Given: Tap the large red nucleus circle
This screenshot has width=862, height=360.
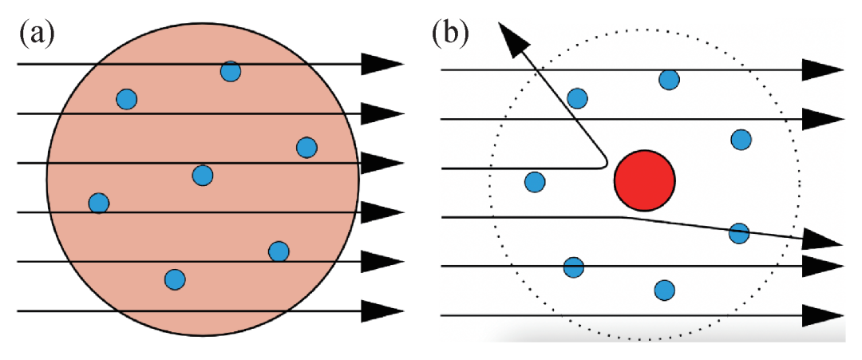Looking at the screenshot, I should tap(645, 180).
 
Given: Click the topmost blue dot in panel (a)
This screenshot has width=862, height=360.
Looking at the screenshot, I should tap(231, 71).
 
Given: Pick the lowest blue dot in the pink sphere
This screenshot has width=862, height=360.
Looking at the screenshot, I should tap(175, 279).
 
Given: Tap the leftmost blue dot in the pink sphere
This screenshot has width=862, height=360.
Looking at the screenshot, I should tap(98, 203).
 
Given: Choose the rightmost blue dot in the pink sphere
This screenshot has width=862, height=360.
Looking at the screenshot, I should tap(306, 148).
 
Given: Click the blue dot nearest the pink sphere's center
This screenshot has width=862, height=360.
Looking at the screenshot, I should tap(203, 175).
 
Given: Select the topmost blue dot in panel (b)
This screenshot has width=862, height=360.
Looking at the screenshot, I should tap(669, 79).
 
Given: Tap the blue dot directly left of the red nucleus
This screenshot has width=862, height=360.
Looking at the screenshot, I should tap(535, 182).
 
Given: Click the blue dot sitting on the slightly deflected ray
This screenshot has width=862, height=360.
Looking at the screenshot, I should tap(739, 233).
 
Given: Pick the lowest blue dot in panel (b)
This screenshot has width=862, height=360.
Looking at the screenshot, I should tap(664, 290).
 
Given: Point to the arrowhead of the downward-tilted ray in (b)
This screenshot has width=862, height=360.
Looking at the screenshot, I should tap(822, 239).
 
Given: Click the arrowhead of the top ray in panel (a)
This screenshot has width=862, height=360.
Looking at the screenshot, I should tap(381, 64).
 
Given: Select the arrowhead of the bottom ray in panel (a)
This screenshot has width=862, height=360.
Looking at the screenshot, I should tap(381, 310).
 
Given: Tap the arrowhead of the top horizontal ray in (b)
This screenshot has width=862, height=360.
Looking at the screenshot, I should tap(822, 70).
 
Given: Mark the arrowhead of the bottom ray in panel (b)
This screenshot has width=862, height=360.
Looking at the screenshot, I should tap(822, 315).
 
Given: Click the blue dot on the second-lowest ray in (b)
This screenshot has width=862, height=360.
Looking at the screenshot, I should tap(573, 267).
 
